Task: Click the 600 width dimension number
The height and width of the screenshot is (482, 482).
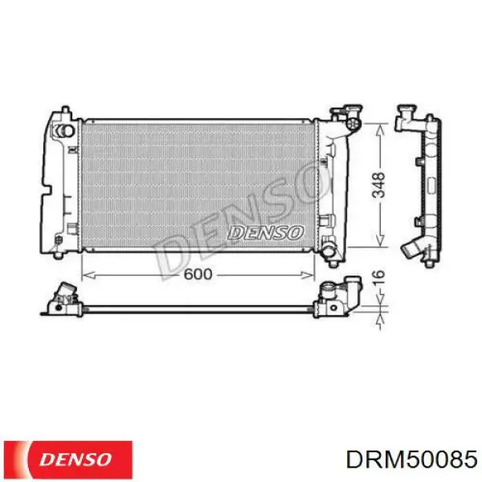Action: click(x=197, y=274)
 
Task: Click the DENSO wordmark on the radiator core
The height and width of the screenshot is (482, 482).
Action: click(x=265, y=232)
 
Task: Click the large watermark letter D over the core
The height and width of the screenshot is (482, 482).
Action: click(x=173, y=253)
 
